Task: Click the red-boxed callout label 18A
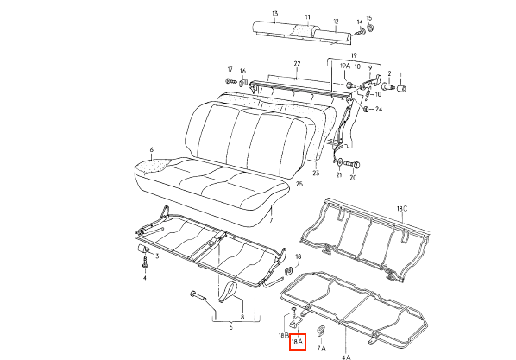point(298,342)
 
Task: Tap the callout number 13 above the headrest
point(275,14)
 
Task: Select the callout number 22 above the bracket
point(297,64)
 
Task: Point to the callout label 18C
point(402,209)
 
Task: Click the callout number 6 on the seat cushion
point(151,150)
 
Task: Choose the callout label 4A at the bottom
point(346,357)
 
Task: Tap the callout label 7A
point(321,348)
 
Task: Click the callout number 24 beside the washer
point(379,109)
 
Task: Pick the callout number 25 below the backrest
point(299,184)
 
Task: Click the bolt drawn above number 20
point(352,164)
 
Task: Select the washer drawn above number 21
point(340,162)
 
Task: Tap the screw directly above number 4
point(145,262)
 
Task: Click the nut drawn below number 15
point(370,28)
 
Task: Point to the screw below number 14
point(360,32)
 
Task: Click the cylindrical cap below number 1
point(402,88)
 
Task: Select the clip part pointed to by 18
point(288,270)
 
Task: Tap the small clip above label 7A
point(321,330)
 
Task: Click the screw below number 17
point(231,80)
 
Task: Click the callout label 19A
point(345,66)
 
